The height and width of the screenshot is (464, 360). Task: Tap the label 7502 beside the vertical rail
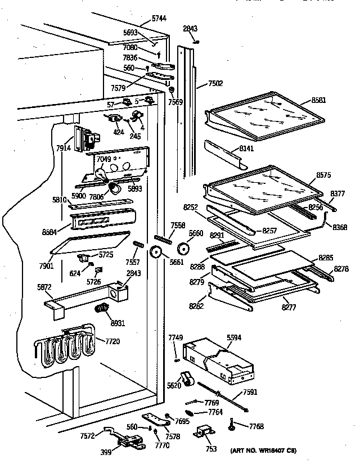pyautogui.click(x=215, y=84)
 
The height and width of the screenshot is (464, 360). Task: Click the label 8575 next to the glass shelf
pyautogui.click(x=324, y=175)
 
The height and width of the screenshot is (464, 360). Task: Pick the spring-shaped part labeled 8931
pyautogui.click(x=102, y=308)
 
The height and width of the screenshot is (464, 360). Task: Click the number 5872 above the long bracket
pyautogui.click(x=44, y=286)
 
